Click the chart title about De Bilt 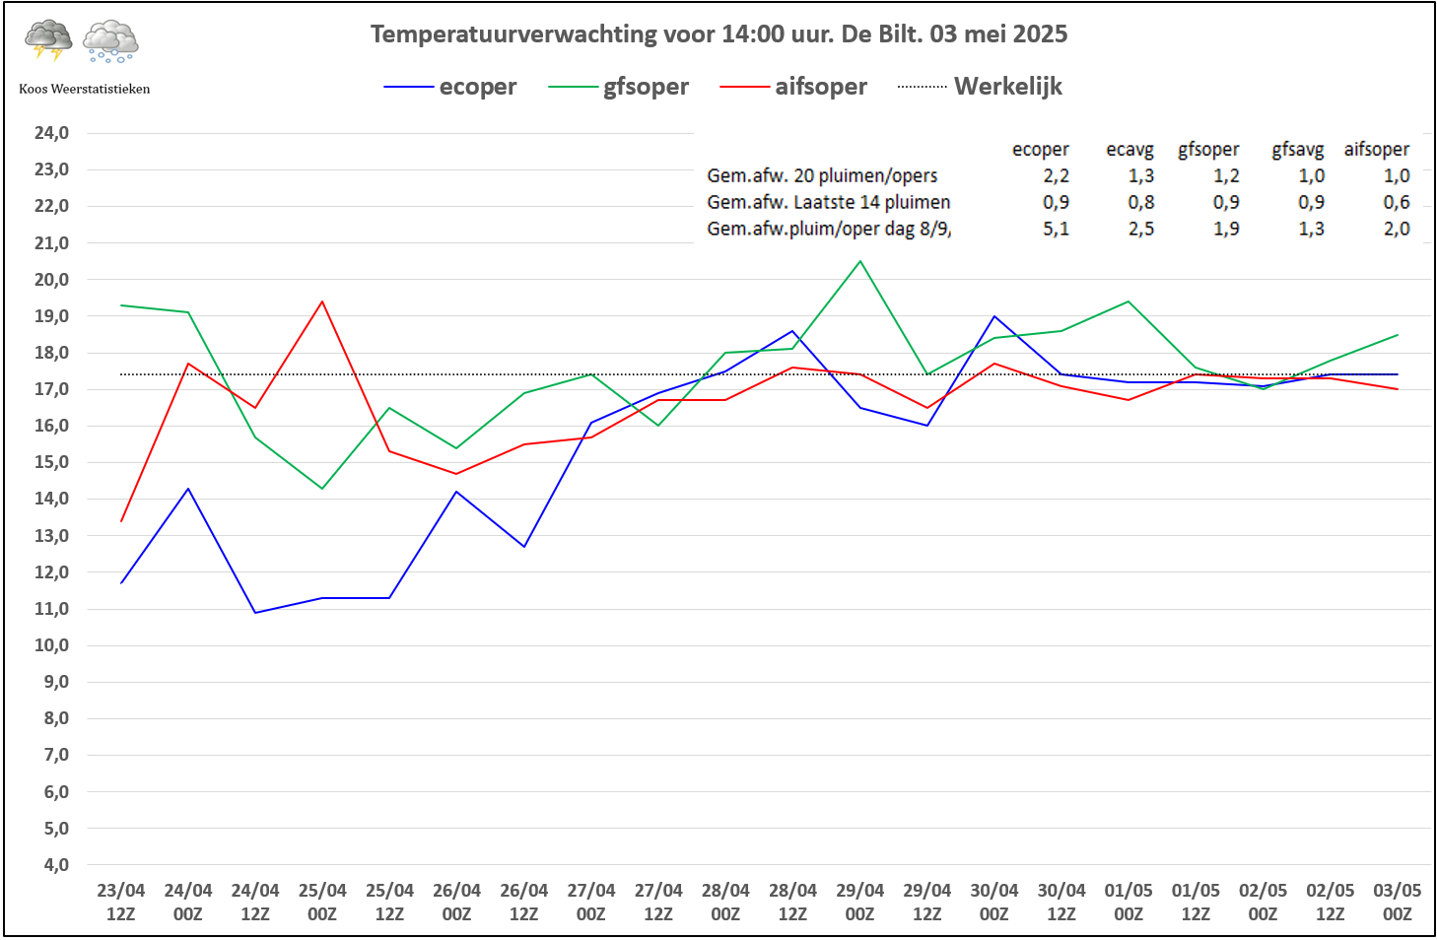[718, 34]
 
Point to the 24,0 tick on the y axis [52, 133]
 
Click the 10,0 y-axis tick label [52, 645]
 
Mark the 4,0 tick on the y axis [56, 865]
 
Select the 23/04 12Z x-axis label [121, 902]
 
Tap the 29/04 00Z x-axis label [859, 902]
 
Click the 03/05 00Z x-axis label [1397, 902]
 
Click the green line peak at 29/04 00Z [860, 261]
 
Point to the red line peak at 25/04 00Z [322, 302]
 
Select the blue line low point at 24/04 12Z [255, 613]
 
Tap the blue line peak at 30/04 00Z [994, 316]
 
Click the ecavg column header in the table [1129, 150]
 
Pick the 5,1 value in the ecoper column [1056, 229]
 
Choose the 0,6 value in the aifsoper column [1396, 202]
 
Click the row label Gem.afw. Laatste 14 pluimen [828, 202]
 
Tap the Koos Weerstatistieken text [85, 89]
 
